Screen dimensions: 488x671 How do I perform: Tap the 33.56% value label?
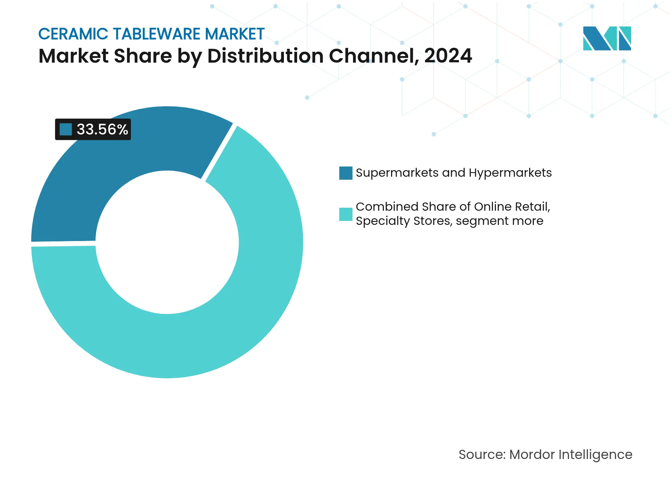tap(102, 129)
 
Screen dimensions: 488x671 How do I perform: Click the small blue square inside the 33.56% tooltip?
tap(66, 129)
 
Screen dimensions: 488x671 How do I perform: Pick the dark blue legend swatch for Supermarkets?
tap(346, 173)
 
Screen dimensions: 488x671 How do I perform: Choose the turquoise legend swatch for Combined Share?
tap(346, 214)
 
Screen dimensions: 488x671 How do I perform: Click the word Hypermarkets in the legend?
tap(510, 173)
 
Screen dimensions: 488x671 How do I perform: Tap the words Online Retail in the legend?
tap(511, 207)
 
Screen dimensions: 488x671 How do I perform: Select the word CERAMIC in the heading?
tap(73, 34)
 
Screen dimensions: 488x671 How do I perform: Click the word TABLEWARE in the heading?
tap(157, 34)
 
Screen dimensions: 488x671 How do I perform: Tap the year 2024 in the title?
tap(448, 56)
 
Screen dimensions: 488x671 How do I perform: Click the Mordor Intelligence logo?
tap(607, 38)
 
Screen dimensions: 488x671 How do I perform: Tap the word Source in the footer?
tap(482, 455)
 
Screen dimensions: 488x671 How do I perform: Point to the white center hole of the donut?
tap(167, 242)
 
